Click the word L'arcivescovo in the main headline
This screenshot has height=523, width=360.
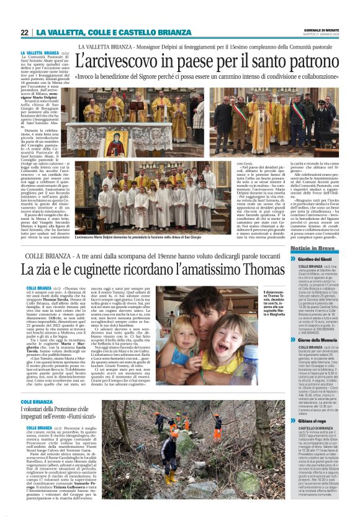tap(118, 63)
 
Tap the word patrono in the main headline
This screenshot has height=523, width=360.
tap(306, 63)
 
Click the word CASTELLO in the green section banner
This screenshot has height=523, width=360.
tap(137, 32)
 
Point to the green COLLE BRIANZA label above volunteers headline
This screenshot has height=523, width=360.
tap(40, 402)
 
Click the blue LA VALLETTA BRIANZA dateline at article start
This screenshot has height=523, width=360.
tap(40, 53)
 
